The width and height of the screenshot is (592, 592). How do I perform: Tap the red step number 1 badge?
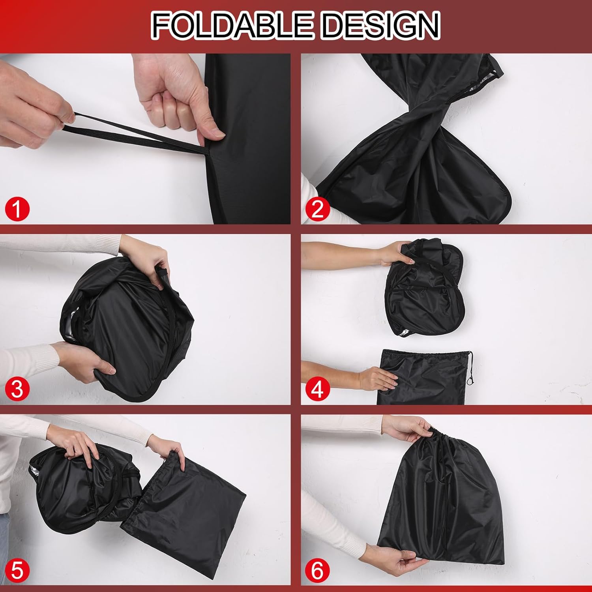(17, 209)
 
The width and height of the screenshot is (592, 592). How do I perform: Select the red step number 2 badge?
(317, 209)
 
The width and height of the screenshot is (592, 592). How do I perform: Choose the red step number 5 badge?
(17, 570)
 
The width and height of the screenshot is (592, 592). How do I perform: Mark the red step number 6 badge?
(317, 570)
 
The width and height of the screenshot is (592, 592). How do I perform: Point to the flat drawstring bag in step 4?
(424, 377)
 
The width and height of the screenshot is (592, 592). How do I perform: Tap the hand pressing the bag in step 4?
(377, 379)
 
